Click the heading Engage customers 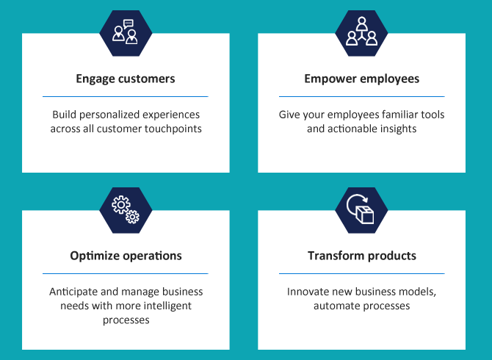point(126,79)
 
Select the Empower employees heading point(362,79)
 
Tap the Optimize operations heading point(126,256)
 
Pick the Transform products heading point(362,256)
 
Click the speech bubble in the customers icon point(129,24)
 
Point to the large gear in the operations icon point(121,205)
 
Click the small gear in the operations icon point(132,217)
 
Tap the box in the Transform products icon point(365,215)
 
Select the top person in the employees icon point(362,24)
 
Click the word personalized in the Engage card point(109,115)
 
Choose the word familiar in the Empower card point(398,115)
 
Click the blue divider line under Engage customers point(126,97)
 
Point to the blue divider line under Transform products point(362,274)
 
